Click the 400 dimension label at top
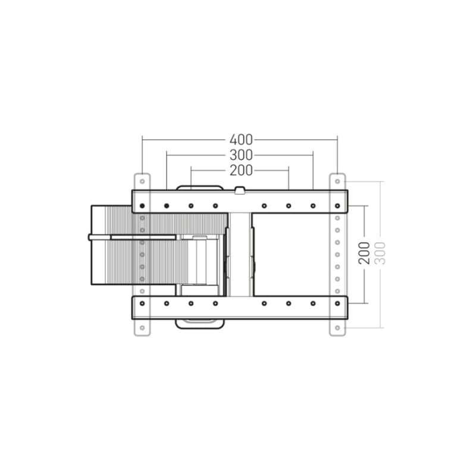point(241,140)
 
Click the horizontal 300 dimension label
point(241,155)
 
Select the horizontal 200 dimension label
point(241,170)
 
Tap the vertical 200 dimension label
point(364,253)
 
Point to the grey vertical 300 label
point(380,253)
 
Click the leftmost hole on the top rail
point(142,206)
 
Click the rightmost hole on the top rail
point(337,206)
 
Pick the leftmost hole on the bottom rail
point(142,303)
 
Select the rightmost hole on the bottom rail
point(337,303)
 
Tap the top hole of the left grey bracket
point(142,181)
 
